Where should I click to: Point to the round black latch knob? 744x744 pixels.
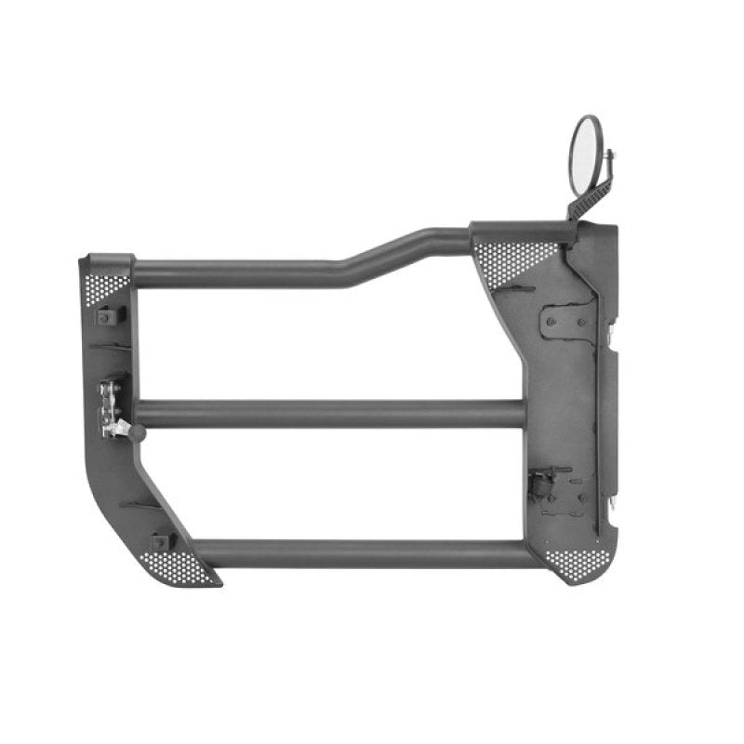tap(137, 433)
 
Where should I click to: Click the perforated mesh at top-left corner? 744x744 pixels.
tap(110, 285)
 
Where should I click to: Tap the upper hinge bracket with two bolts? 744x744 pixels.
tap(564, 321)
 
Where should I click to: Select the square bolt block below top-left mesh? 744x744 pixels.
tap(108, 316)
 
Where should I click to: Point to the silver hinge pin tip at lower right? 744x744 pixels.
tap(615, 500)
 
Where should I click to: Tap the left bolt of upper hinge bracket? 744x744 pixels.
tap(551, 321)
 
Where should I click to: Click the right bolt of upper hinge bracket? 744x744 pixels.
tap(579, 322)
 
